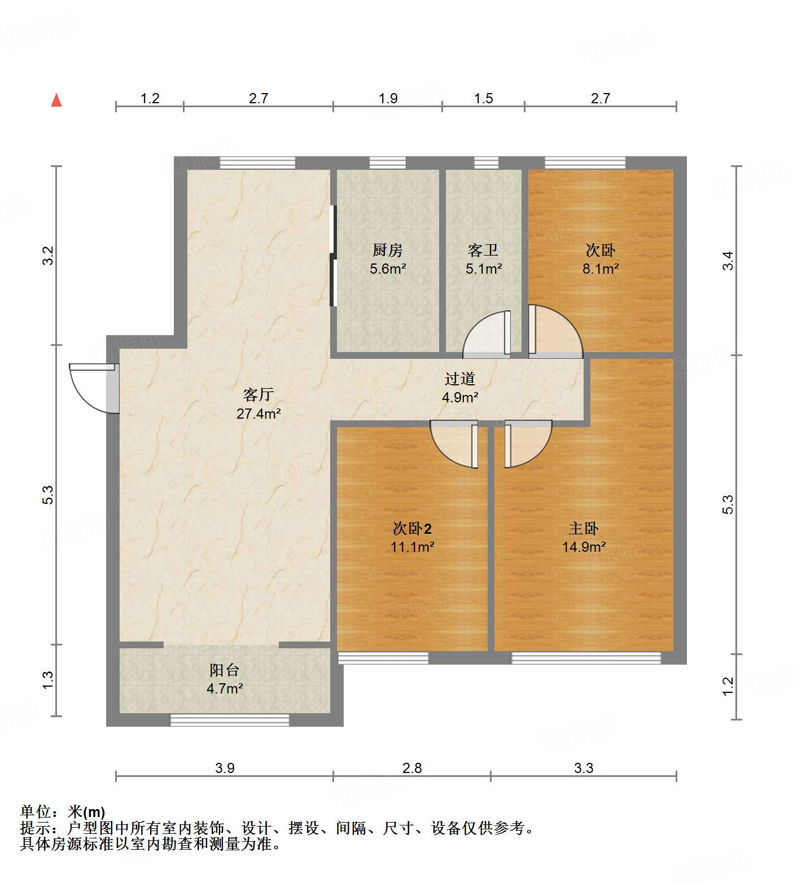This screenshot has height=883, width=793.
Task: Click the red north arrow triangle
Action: (56, 100)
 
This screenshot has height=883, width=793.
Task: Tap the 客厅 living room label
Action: (259, 394)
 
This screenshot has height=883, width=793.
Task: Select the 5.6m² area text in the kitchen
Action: (388, 269)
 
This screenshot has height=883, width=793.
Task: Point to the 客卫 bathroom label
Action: (483, 250)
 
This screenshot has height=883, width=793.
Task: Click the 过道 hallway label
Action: (460, 379)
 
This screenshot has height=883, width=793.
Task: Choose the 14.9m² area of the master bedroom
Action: (584, 547)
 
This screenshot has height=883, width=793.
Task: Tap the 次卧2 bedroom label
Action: (412, 529)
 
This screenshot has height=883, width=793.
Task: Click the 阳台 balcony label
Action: (225, 670)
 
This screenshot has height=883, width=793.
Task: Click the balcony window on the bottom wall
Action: (230, 720)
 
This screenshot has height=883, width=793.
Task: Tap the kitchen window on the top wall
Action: (387, 163)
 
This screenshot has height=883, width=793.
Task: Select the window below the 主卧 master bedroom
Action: (586, 658)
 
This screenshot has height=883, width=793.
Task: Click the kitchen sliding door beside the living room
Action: (333, 256)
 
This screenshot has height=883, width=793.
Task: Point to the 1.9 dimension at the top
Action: (388, 98)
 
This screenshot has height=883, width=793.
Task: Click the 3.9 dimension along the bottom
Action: (225, 768)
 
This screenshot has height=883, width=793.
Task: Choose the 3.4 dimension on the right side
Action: (728, 261)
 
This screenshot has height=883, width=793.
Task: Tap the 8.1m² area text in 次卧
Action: (601, 269)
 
